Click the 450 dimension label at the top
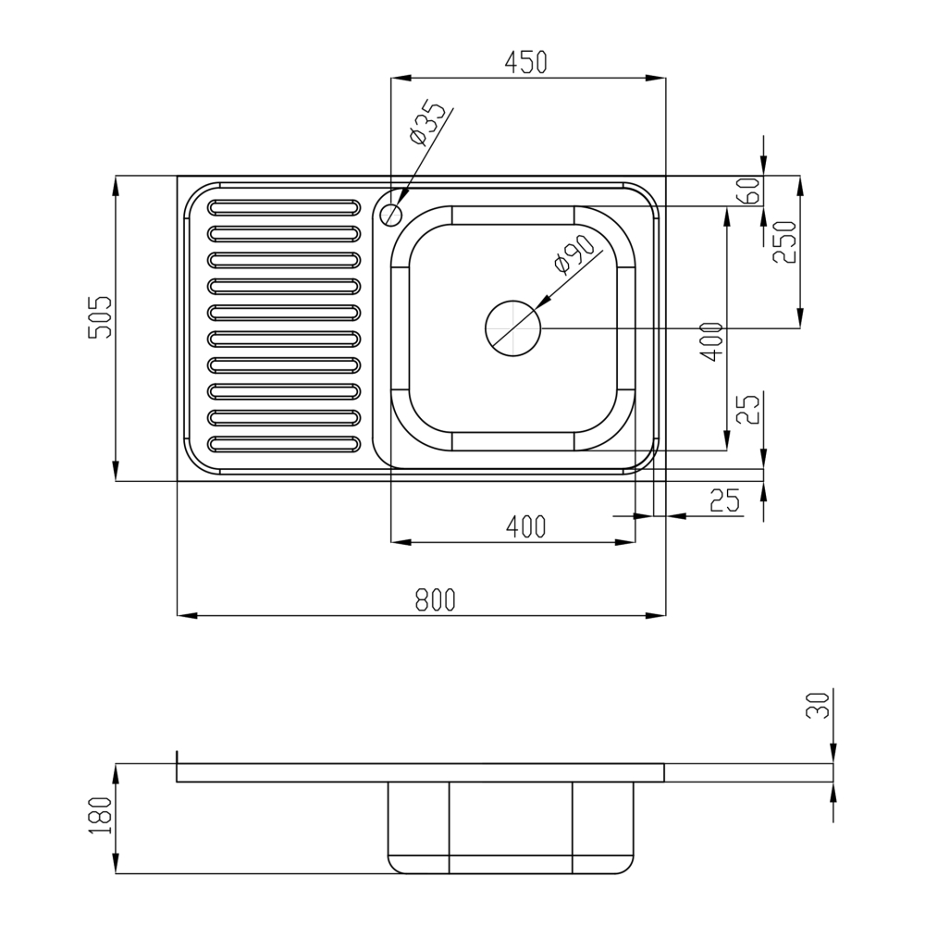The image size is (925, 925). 526,63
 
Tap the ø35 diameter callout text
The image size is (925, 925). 427,123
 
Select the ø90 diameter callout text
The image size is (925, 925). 573,254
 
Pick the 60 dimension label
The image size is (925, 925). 750,191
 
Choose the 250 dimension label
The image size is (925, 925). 783,243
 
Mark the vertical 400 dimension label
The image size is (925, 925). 711,342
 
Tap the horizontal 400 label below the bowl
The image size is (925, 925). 526,527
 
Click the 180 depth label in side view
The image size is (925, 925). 101,817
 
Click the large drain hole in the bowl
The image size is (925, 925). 513,327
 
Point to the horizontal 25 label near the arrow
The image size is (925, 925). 725,500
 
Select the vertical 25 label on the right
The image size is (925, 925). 751,409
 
